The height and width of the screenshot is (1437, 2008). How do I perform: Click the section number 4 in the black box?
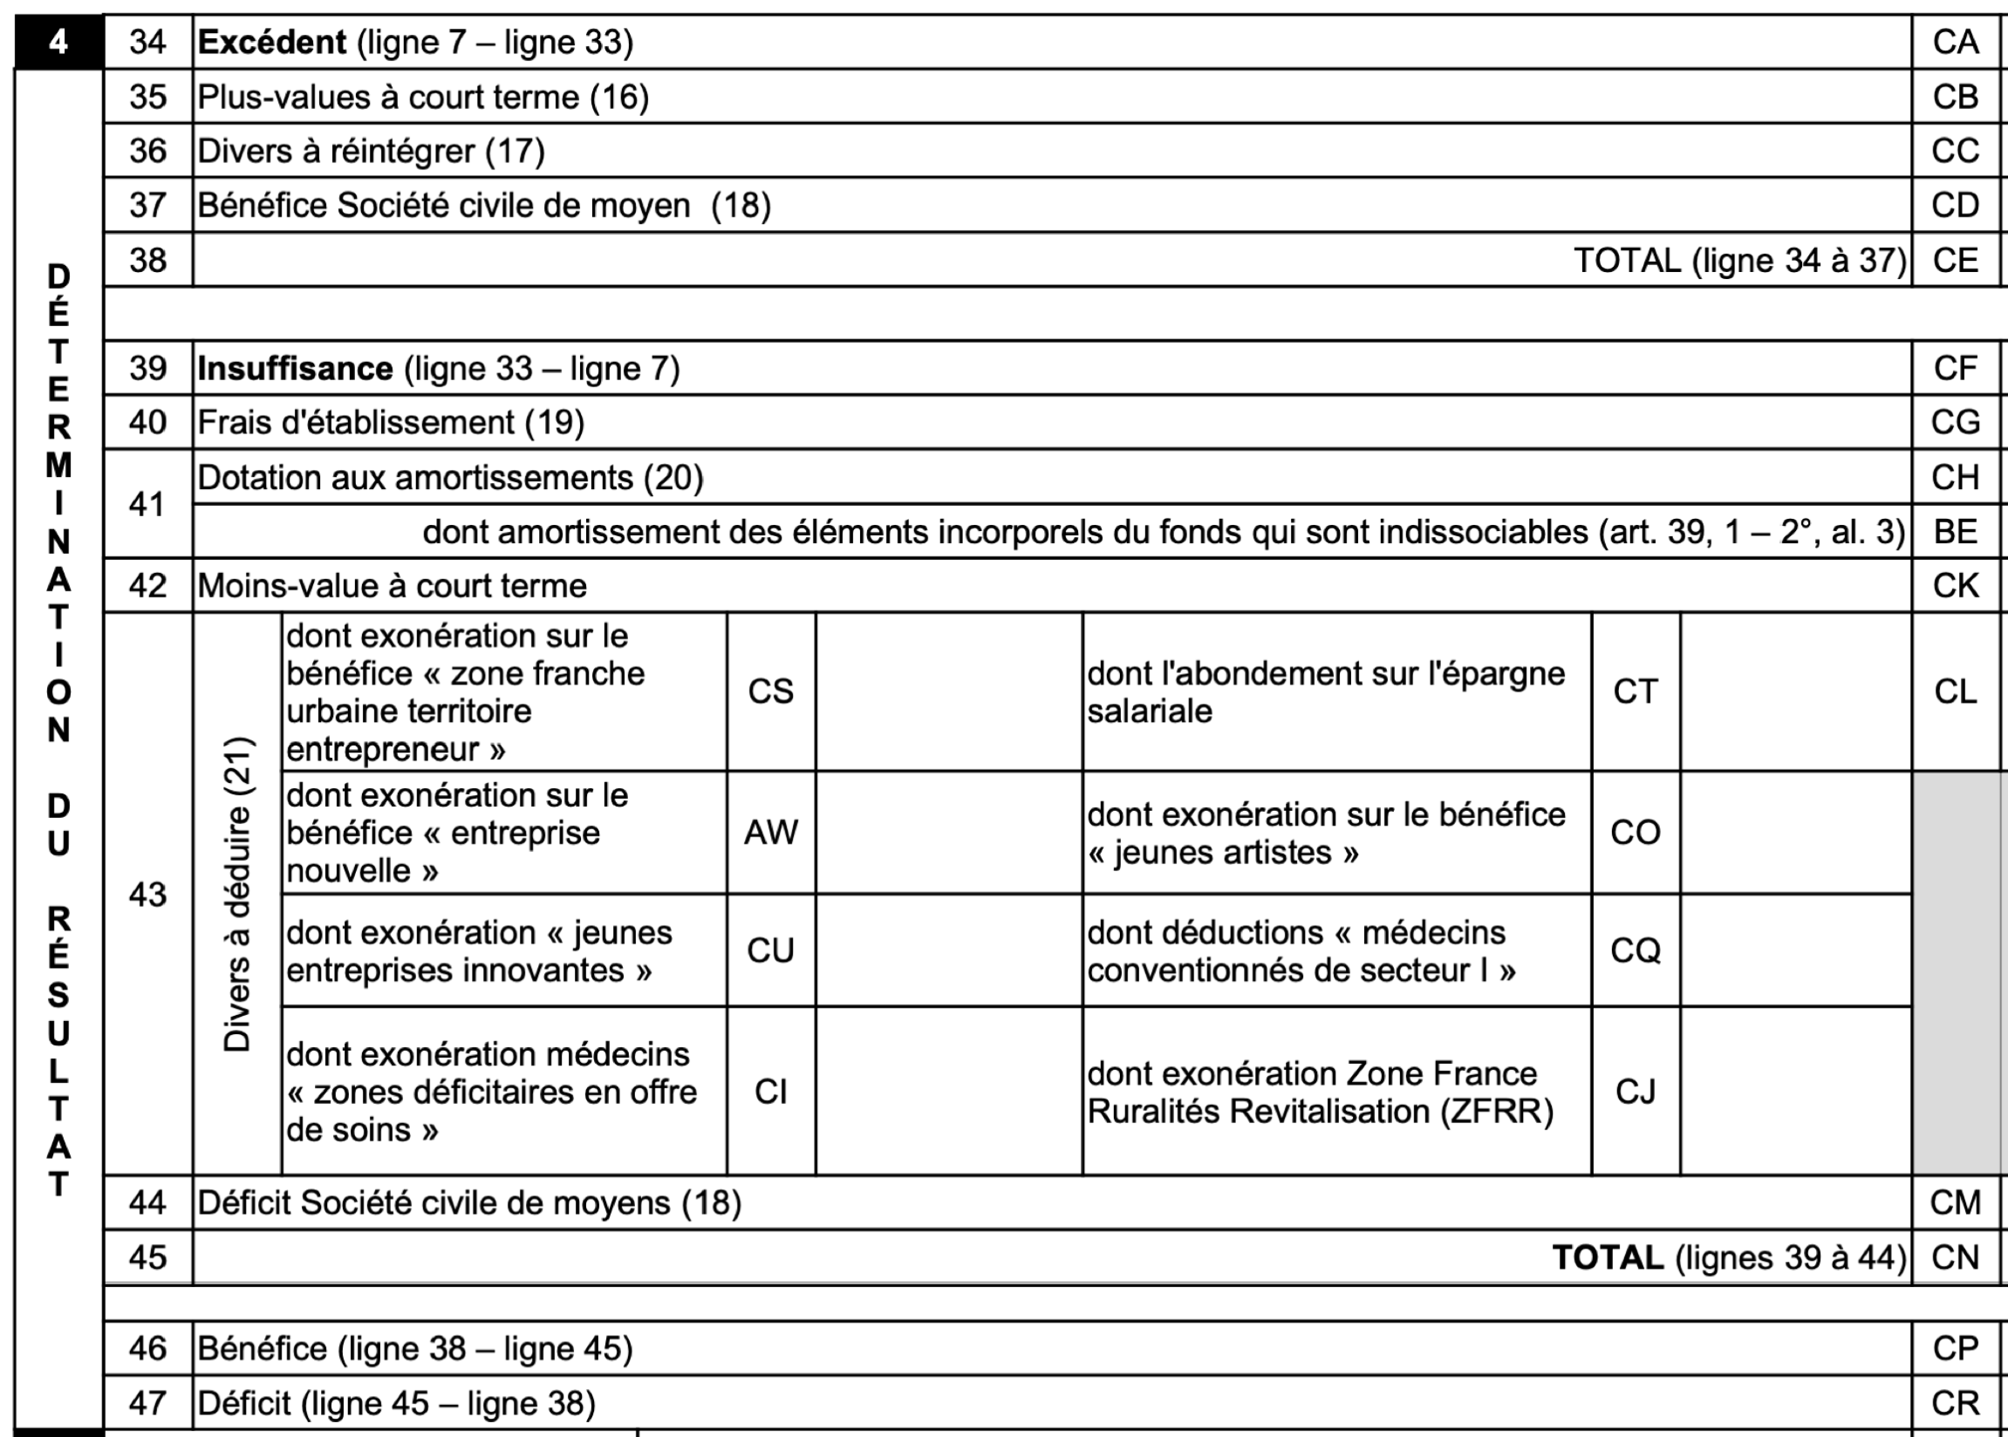[58, 42]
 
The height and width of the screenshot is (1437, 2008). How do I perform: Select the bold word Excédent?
[271, 43]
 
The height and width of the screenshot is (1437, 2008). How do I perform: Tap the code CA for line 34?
[1956, 43]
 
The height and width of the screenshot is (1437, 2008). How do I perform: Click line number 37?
[147, 205]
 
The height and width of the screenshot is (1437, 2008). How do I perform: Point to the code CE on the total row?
[1956, 260]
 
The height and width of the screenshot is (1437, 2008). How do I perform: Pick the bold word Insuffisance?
[295, 368]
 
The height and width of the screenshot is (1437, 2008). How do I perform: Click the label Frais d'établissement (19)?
[390, 423]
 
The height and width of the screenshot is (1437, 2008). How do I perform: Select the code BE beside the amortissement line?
[1956, 532]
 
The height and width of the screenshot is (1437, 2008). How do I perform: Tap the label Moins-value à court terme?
[392, 586]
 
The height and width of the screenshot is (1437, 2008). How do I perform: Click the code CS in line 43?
[771, 691]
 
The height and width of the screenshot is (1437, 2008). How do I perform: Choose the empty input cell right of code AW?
[949, 832]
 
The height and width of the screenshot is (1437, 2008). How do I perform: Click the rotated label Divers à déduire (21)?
[237, 894]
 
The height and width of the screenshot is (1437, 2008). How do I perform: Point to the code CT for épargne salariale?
[1636, 691]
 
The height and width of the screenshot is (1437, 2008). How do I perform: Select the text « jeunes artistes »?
[1223, 852]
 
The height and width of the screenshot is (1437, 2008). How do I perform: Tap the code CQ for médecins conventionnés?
[1636, 950]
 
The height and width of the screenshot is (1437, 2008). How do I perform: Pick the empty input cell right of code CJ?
[1796, 1091]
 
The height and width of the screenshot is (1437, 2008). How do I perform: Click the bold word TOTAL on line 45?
[1608, 1257]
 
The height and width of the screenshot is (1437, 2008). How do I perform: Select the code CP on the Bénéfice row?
[1956, 1348]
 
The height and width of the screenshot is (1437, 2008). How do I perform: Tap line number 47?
[147, 1402]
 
